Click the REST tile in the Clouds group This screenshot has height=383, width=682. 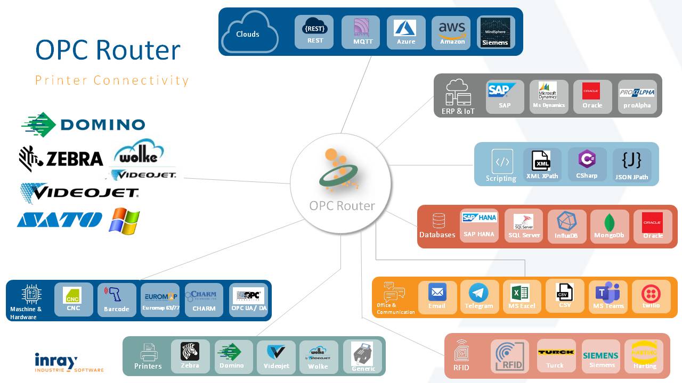(x=314, y=32)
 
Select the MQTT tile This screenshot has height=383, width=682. (x=361, y=32)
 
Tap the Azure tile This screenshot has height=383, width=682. (x=406, y=32)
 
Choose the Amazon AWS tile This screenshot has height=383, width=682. (x=452, y=32)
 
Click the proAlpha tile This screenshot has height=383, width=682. (x=637, y=97)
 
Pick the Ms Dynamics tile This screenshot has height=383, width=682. (x=549, y=97)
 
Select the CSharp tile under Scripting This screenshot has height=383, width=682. (x=587, y=164)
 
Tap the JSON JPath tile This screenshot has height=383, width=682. (x=632, y=165)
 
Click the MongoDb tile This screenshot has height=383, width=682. (x=610, y=226)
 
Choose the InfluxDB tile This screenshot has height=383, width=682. (x=566, y=226)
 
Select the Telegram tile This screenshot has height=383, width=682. (x=479, y=296)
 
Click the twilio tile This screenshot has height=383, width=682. (x=651, y=296)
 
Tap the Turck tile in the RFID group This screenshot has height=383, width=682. (x=556, y=355)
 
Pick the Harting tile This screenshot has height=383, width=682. (x=644, y=356)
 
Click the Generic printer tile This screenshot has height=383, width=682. (x=363, y=356)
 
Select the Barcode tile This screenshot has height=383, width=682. (x=117, y=299)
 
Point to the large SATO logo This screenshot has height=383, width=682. (x=60, y=220)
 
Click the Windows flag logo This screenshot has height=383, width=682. (x=124, y=221)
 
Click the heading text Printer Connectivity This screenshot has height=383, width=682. (x=112, y=80)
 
